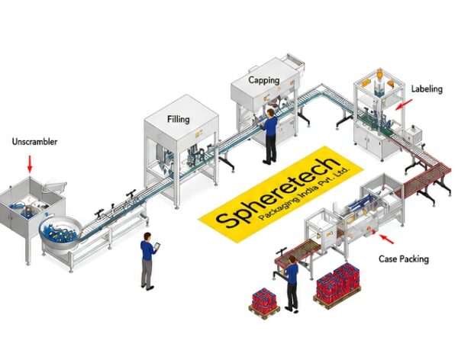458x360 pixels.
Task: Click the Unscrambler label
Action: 34,142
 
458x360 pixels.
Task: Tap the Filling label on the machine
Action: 178,119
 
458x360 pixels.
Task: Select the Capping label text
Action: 264,80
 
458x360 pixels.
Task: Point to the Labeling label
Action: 427,88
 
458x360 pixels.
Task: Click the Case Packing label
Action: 404,259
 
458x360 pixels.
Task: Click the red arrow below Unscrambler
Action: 30,164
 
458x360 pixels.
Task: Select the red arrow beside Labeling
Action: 404,104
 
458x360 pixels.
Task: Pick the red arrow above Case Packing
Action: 385,239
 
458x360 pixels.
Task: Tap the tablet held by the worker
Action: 157,246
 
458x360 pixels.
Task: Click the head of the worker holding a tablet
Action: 147,236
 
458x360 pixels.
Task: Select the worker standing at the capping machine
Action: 270,137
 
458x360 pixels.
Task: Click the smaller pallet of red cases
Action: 264,303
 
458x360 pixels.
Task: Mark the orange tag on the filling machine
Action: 198,133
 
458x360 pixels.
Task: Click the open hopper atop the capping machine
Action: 295,61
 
